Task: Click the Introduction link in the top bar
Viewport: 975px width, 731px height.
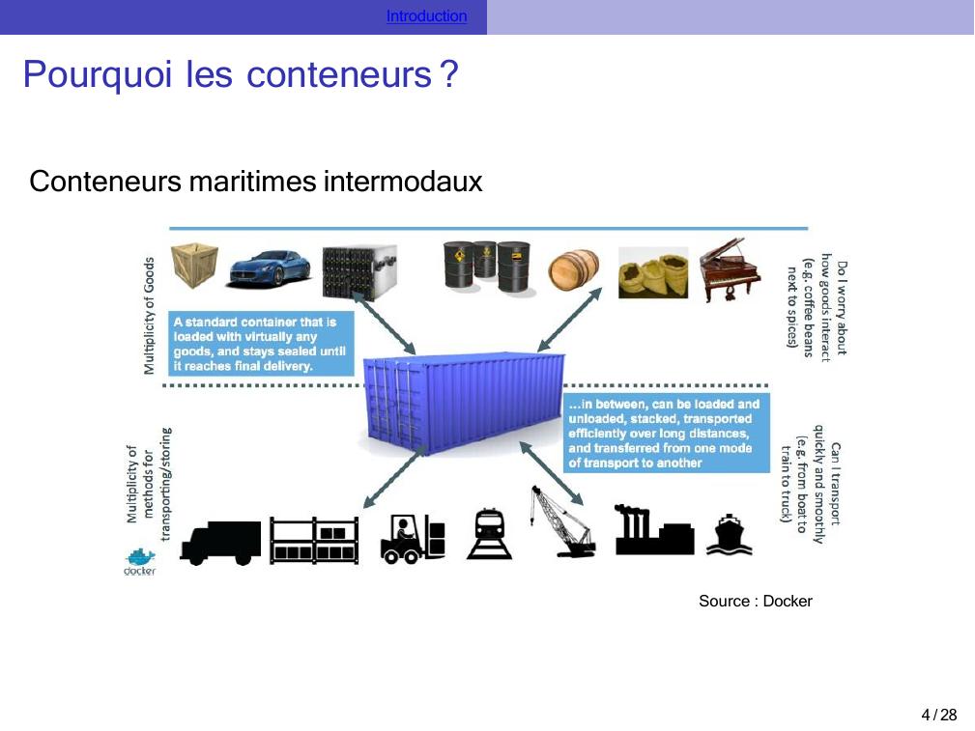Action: click(426, 16)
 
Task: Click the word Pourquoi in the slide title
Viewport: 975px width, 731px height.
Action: click(99, 74)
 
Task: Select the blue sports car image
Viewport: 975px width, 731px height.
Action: click(269, 267)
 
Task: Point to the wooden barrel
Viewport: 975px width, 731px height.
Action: click(574, 271)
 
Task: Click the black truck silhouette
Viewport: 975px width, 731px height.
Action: click(221, 542)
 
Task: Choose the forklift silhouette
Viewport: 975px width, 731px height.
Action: click(413, 538)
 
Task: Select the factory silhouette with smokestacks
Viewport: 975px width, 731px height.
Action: click(653, 532)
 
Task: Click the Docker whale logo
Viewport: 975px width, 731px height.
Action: click(140, 562)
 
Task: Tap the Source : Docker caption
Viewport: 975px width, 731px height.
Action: click(756, 602)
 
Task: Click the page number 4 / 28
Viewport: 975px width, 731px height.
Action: click(938, 715)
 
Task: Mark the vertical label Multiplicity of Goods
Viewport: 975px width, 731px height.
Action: click(149, 316)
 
